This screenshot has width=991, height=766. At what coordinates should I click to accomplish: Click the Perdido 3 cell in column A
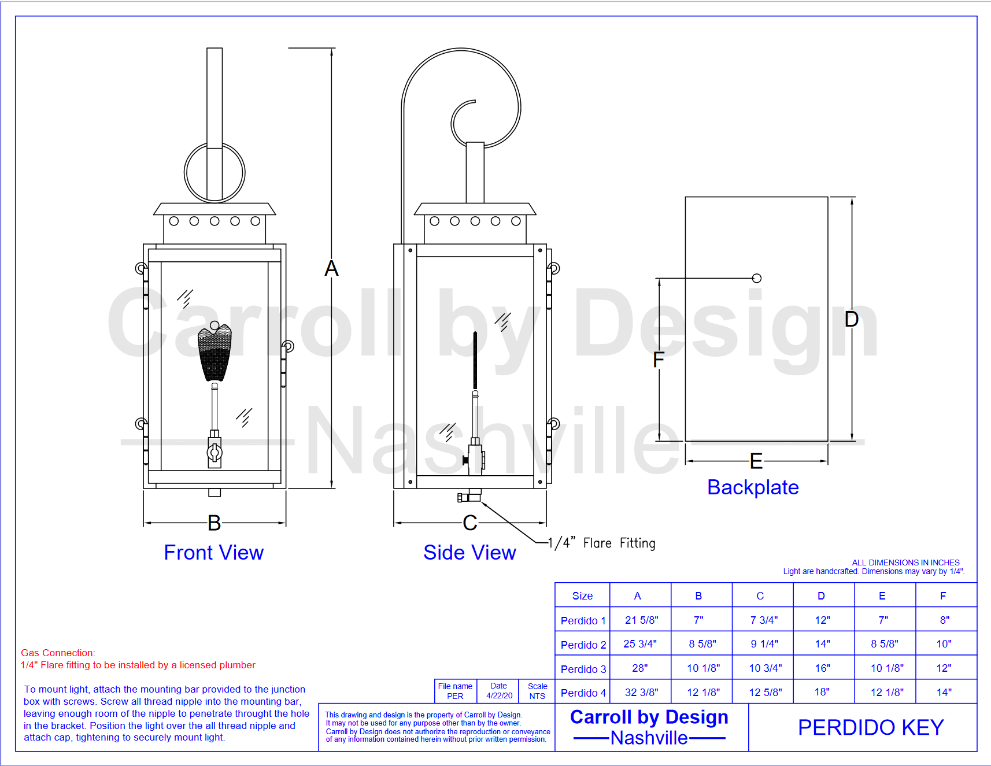pyautogui.click(x=640, y=668)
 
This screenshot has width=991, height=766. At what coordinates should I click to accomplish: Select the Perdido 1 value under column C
pyautogui.click(x=764, y=620)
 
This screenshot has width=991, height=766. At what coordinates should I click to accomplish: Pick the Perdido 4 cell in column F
pyautogui.click(x=944, y=693)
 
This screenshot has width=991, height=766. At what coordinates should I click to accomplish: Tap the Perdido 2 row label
pyautogui.click(x=583, y=645)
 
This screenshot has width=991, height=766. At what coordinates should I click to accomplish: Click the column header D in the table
pyautogui.click(x=821, y=596)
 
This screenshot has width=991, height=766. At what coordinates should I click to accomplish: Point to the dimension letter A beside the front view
pyautogui.click(x=331, y=268)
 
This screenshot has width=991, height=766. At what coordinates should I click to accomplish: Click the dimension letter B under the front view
pyautogui.click(x=215, y=523)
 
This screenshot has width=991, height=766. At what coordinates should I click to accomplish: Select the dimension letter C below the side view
pyautogui.click(x=470, y=523)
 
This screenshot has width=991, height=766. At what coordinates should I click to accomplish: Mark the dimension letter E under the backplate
pyautogui.click(x=756, y=461)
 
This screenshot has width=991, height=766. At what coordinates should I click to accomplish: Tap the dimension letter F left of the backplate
pyautogui.click(x=659, y=359)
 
